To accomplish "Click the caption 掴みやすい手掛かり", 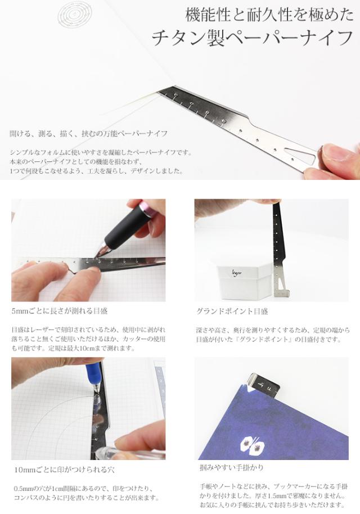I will pos(231,467).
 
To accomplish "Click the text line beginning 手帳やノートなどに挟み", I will pos(271,485).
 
